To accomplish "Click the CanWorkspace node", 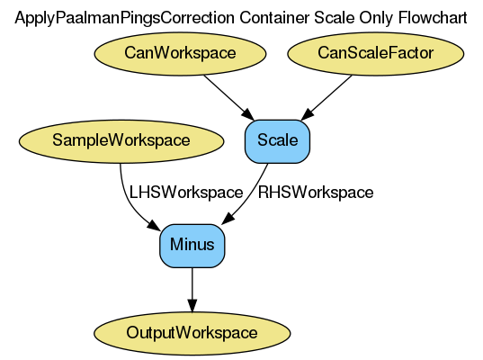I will click(181, 54).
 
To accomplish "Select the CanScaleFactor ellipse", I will click(375, 54).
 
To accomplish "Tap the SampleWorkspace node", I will click(121, 140).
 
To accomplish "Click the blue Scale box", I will click(277, 140).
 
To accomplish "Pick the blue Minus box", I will click(192, 245).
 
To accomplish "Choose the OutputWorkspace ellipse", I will click(192, 332).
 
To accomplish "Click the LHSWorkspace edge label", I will click(186, 193).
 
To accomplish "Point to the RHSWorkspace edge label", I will click(315, 193).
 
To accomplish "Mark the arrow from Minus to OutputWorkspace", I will click(192, 288).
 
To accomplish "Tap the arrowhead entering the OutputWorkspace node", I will click(192, 304).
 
